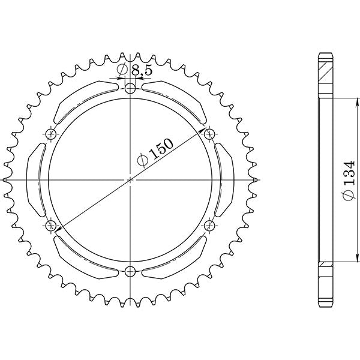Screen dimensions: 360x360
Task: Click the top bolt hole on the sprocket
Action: [x=131, y=88]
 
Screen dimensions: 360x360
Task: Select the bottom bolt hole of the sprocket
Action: [x=131, y=271]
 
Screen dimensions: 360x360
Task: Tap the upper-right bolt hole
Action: [x=210, y=133]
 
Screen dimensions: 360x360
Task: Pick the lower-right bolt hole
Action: [x=210, y=226]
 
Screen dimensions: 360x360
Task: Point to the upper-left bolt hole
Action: [x=51, y=133]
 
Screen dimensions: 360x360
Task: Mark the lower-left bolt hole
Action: [x=51, y=226]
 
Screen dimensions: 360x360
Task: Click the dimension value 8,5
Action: [x=142, y=70]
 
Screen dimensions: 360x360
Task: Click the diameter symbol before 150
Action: [x=142, y=160]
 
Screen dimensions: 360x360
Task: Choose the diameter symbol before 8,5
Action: [x=122, y=70]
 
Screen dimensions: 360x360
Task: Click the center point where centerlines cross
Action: [x=131, y=179]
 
